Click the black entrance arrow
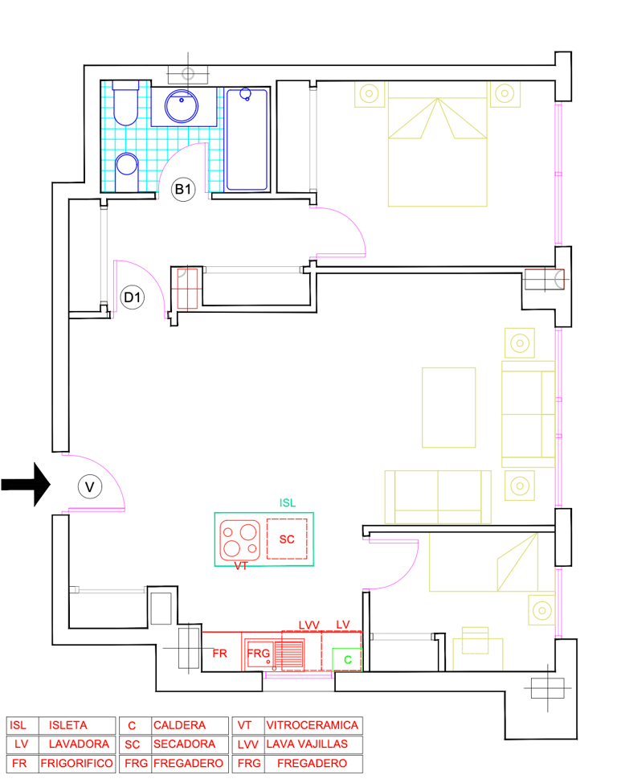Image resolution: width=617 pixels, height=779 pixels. click(x=26, y=485)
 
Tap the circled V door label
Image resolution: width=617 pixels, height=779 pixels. click(x=90, y=487)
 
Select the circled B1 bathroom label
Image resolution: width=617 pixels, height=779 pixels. click(x=183, y=189)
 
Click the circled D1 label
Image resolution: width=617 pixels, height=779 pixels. click(x=133, y=297)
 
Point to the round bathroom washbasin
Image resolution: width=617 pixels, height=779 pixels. click(x=182, y=106)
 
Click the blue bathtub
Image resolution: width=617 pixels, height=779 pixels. click(x=247, y=139)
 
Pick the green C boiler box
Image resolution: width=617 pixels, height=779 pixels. click(x=347, y=660)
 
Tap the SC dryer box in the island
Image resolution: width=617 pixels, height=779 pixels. click(x=287, y=539)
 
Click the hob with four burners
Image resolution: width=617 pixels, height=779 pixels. click(x=239, y=540)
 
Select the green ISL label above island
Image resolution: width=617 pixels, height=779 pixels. click(x=288, y=502)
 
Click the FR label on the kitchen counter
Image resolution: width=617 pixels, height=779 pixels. click(x=219, y=654)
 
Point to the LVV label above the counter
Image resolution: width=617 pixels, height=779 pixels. click(x=308, y=625)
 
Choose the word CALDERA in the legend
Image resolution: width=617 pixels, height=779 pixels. click(x=179, y=725)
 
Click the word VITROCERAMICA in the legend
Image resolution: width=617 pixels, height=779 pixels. click(x=313, y=725)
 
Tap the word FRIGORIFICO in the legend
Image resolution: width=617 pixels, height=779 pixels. click(x=76, y=763)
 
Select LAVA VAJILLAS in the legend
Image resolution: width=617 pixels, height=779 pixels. click(x=307, y=744)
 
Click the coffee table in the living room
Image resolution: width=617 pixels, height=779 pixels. click(x=449, y=408)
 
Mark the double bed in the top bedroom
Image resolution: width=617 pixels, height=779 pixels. click(x=437, y=144)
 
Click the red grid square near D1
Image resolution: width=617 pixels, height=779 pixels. click(x=187, y=289)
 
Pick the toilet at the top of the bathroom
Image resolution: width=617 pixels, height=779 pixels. click(x=125, y=103)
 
